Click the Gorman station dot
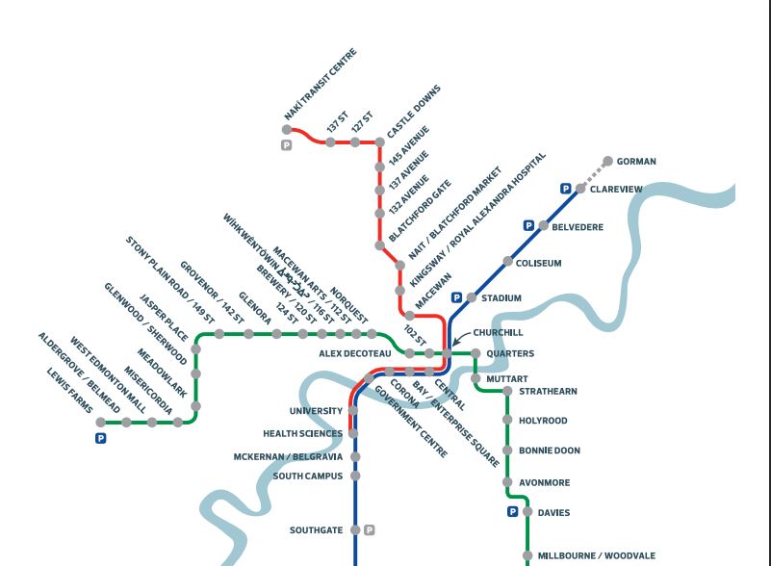pos(608,161)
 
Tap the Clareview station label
pos(616,190)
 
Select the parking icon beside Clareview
pos(566,189)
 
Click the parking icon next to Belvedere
pos(528,225)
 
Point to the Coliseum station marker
pos(507,262)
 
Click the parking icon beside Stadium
pos(457,297)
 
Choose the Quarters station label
pos(510,354)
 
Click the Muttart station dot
pos(476,379)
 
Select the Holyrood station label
pos(543,421)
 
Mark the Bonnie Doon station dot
pos(507,450)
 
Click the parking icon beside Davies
pos(513,512)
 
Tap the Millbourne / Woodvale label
pos(596,555)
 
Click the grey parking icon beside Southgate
pos(370,529)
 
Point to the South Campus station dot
pos(355,476)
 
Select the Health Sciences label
pos(302,434)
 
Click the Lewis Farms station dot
pos(101,422)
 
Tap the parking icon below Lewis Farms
pos(100,438)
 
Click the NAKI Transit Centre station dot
pos(287,129)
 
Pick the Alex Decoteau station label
pos(355,353)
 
